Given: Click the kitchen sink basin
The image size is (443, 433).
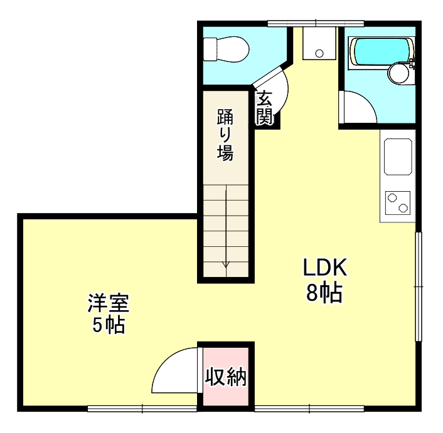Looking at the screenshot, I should click(x=398, y=157).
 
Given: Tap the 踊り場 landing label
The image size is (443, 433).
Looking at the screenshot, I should click(x=225, y=134).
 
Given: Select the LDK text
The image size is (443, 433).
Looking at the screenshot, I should click(x=325, y=268).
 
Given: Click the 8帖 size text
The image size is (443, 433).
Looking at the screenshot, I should click(x=324, y=292).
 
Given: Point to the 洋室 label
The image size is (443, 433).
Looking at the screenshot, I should click(x=108, y=305).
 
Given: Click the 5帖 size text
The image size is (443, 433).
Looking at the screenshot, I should click(x=108, y=326).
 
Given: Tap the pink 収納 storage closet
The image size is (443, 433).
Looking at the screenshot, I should click(x=227, y=378).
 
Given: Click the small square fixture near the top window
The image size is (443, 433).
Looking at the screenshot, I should click(x=318, y=44).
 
